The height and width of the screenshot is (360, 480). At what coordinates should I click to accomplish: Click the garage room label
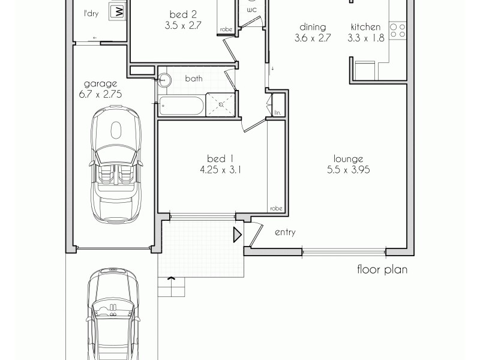(x=101, y=84)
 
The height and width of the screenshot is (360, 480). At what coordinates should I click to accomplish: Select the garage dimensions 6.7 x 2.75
(x=101, y=94)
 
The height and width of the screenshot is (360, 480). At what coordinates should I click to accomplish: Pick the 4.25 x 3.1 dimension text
(x=220, y=170)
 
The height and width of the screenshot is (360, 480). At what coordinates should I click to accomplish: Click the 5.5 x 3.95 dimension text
(x=349, y=170)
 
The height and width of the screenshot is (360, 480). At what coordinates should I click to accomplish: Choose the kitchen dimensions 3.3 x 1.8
(x=364, y=38)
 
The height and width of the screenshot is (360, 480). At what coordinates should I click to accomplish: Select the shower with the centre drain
(x=221, y=104)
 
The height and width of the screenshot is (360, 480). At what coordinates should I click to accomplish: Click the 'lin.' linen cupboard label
(x=277, y=112)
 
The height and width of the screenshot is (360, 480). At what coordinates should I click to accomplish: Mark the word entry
(x=285, y=232)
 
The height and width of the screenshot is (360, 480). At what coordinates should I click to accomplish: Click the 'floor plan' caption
(x=382, y=269)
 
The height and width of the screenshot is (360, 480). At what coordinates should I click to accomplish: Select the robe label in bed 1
(x=276, y=208)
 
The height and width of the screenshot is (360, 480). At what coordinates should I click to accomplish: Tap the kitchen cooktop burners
(x=397, y=29)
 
